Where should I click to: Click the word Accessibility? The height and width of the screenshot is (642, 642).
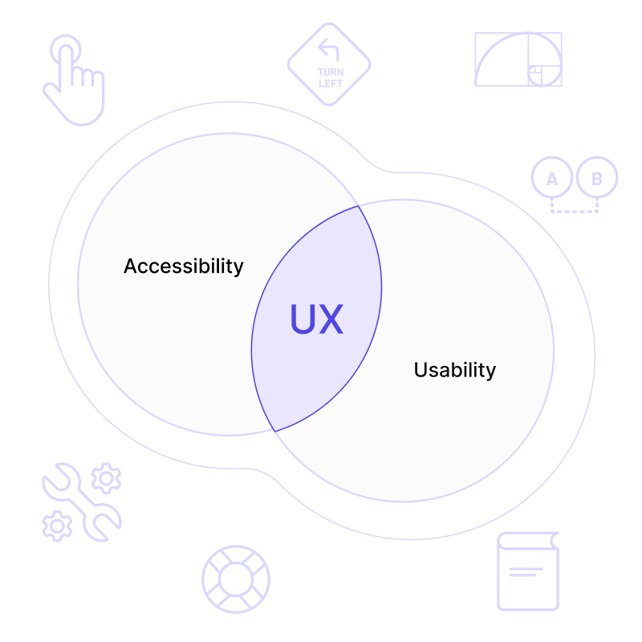point(183,266)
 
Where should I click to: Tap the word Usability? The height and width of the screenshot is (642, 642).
point(454,370)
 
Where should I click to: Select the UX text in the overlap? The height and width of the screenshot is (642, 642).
point(316,319)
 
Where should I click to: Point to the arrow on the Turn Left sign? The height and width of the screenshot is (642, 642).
point(328,51)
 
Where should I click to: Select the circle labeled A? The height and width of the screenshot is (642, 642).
point(552,178)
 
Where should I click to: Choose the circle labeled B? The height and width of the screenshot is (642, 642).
point(597,178)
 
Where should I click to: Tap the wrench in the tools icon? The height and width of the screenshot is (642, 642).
point(80,502)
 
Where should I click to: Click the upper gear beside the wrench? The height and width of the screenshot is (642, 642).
point(106,478)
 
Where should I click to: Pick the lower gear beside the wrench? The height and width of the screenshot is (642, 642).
point(57,526)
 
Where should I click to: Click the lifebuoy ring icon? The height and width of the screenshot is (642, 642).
point(236,579)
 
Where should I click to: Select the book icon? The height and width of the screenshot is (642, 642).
point(527,571)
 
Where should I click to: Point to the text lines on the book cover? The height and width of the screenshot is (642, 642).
point(526,572)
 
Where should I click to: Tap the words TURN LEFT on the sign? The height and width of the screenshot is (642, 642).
point(330,78)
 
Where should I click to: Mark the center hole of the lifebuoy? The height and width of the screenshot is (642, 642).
point(236,579)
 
